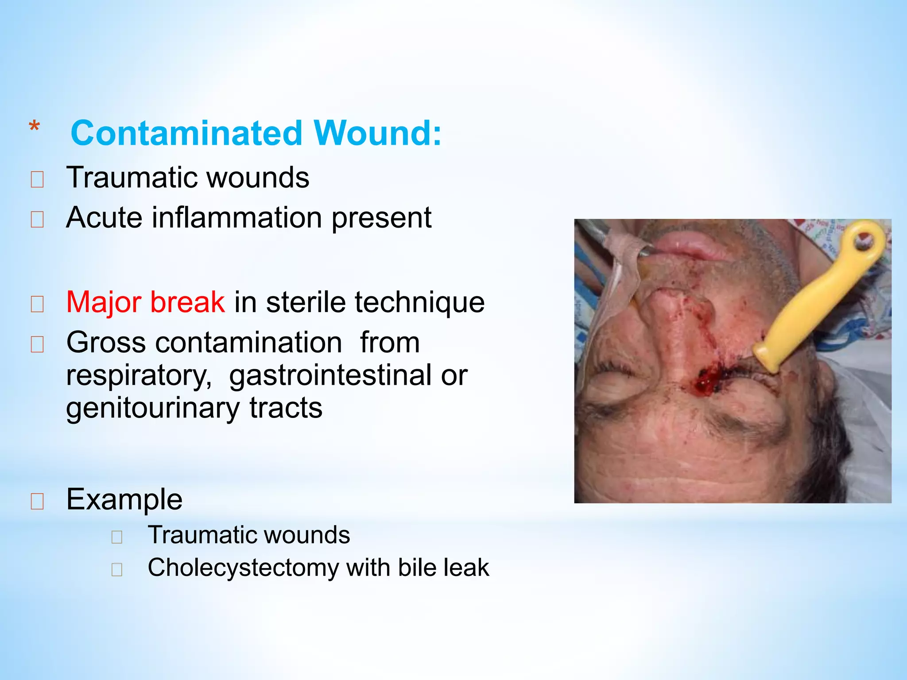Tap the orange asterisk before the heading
tap(34, 127)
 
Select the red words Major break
tap(145, 302)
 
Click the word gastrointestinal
tap(330, 375)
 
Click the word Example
tap(124, 499)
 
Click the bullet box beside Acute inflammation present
tap(37, 220)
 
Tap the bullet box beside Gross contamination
tap(37, 344)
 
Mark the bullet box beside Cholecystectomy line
tap(117, 570)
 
